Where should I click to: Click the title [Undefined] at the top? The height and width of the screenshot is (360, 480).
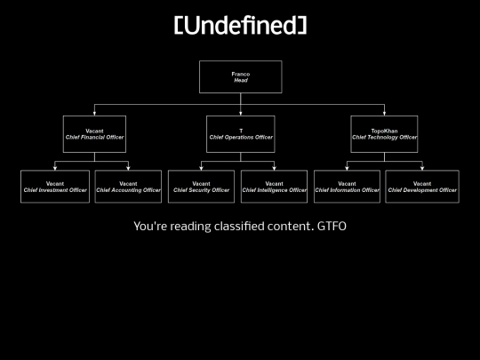pyautogui.click(x=240, y=25)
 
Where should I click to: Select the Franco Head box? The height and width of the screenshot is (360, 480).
pyautogui.click(x=241, y=76)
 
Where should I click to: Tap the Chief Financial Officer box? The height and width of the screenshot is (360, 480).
pyautogui.click(x=94, y=134)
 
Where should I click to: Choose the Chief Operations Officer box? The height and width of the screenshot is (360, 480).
pyautogui.click(x=241, y=134)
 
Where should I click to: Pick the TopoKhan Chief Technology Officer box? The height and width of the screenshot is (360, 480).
pyautogui.click(x=384, y=134)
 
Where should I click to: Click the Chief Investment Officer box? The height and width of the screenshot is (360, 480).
pyautogui.click(x=55, y=187)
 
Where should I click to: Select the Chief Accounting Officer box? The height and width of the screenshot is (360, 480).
pyautogui.click(x=128, y=187)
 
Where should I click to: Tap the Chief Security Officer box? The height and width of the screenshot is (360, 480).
pyautogui.click(x=201, y=187)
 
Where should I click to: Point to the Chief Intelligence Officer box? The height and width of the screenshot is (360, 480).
pyautogui.click(x=274, y=187)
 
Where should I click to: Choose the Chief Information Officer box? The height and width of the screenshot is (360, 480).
pyautogui.click(x=347, y=187)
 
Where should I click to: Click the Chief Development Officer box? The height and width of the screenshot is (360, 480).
pyautogui.click(x=422, y=187)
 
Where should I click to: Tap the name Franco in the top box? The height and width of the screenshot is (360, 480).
pyautogui.click(x=241, y=74)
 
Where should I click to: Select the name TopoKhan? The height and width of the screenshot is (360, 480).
pyautogui.click(x=384, y=131)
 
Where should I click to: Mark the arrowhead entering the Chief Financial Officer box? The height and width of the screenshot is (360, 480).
pyautogui.click(x=94, y=114)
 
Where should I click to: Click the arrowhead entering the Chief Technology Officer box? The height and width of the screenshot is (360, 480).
pyautogui.click(x=384, y=114)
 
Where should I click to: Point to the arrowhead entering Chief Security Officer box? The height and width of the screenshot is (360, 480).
pyautogui.click(x=201, y=168)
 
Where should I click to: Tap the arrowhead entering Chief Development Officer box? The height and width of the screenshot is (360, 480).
pyautogui.click(x=422, y=168)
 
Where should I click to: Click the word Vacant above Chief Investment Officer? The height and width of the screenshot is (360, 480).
pyautogui.click(x=55, y=184)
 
